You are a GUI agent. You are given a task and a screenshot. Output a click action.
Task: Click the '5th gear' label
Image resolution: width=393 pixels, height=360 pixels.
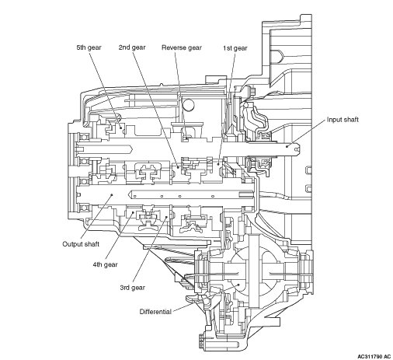click(89, 47)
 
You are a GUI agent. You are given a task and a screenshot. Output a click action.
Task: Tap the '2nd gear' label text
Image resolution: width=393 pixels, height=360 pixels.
click(132, 47)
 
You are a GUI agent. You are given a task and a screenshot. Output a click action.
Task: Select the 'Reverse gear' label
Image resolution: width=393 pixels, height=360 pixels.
click(182, 47)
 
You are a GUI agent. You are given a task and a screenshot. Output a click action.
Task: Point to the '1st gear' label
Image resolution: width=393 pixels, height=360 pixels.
click(235, 48)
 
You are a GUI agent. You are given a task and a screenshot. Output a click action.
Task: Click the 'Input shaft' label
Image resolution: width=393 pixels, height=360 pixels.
click(343, 120)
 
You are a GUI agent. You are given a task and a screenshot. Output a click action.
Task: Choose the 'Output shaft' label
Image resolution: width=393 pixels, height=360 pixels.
click(81, 244)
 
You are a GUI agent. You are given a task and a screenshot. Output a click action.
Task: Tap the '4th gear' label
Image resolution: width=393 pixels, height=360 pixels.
click(105, 264)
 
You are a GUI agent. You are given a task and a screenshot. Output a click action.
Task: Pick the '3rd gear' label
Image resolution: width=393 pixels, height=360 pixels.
click(132, 288)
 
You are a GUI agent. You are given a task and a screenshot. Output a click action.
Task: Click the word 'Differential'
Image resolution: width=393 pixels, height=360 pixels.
click(155, 312)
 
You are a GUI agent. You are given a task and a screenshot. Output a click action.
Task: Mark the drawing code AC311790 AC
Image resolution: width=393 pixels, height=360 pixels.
click(374, 357)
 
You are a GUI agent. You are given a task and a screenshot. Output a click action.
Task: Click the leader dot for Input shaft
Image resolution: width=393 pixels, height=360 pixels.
click(287, 146)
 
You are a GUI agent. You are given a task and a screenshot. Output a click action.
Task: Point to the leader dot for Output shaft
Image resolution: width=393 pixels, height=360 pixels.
click(112, 194)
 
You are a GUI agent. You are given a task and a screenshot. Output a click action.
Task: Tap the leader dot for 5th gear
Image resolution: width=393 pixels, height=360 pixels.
click(120, 128)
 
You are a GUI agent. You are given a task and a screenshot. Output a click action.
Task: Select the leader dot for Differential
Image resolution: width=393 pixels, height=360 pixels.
click(239, 285)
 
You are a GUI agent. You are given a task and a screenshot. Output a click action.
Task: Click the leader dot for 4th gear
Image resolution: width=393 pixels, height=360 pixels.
click(134, 212)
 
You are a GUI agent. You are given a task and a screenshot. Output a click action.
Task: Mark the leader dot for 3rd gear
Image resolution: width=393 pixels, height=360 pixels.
click(166, 217)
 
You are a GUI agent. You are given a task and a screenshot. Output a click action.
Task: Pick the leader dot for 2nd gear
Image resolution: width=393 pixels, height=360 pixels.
click(179, 167)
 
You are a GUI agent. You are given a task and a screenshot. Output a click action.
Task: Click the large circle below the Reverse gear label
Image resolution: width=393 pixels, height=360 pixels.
click(188, 105)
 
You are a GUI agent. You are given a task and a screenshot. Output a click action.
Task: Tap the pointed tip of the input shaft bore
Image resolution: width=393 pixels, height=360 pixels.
click(133, 149)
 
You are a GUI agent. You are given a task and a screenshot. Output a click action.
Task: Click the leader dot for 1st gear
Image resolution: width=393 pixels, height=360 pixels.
click(218, 164)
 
